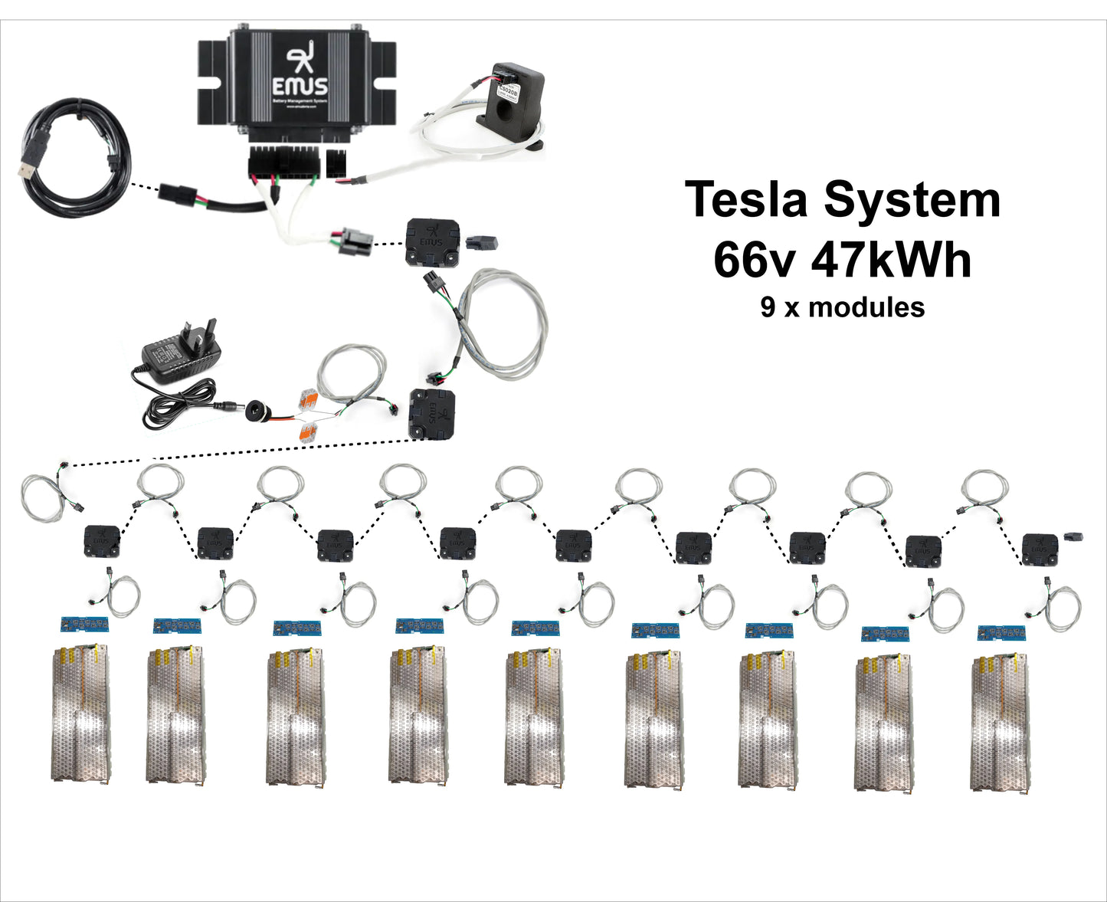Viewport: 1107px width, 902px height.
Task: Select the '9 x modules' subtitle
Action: [x=842, y=307]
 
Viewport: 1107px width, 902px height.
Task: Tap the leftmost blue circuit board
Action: [x=84, y=624]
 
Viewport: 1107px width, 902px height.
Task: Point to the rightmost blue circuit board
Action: [x=1001, y=633]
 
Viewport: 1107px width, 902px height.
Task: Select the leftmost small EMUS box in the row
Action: [x=101, y=540]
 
